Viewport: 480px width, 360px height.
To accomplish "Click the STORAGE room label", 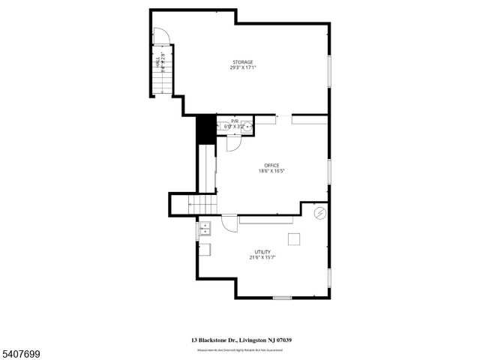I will pyautogui.click(x=241, y=62).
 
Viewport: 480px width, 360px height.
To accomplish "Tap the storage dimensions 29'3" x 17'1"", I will pyautogui.click(x=241, y=67).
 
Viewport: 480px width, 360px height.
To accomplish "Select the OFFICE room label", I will pyautogui.click(x=271, y=165).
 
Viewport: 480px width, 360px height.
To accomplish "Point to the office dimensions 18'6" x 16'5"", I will pyautogui.click(x=271, y=171).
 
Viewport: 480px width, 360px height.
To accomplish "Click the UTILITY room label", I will pyautogui.click(x=262, y=252).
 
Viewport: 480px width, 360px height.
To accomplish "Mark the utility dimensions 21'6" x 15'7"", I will pyautogui.click(x=262, y=258).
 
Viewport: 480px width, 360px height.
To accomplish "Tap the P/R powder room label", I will pyautogui.click(x=235, y=121).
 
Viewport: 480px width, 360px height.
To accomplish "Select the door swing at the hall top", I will pyautogui.click(x=161, y=36).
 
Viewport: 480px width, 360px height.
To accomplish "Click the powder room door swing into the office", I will pyautogui.click(x=233, y=144).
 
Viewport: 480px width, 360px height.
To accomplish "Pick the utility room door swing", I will pyautogui.click(x=229, y=223).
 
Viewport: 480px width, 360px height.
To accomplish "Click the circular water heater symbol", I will pyautogui.click(x=320, y=214).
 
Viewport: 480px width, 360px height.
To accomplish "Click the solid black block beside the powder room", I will pyautogui.click(x=205, y=129).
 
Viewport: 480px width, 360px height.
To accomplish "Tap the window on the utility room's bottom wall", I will pyautogui.click(x=282, y=298).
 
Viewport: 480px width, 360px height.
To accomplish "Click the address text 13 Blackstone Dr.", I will pyautogui.click(x=214, y=340).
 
